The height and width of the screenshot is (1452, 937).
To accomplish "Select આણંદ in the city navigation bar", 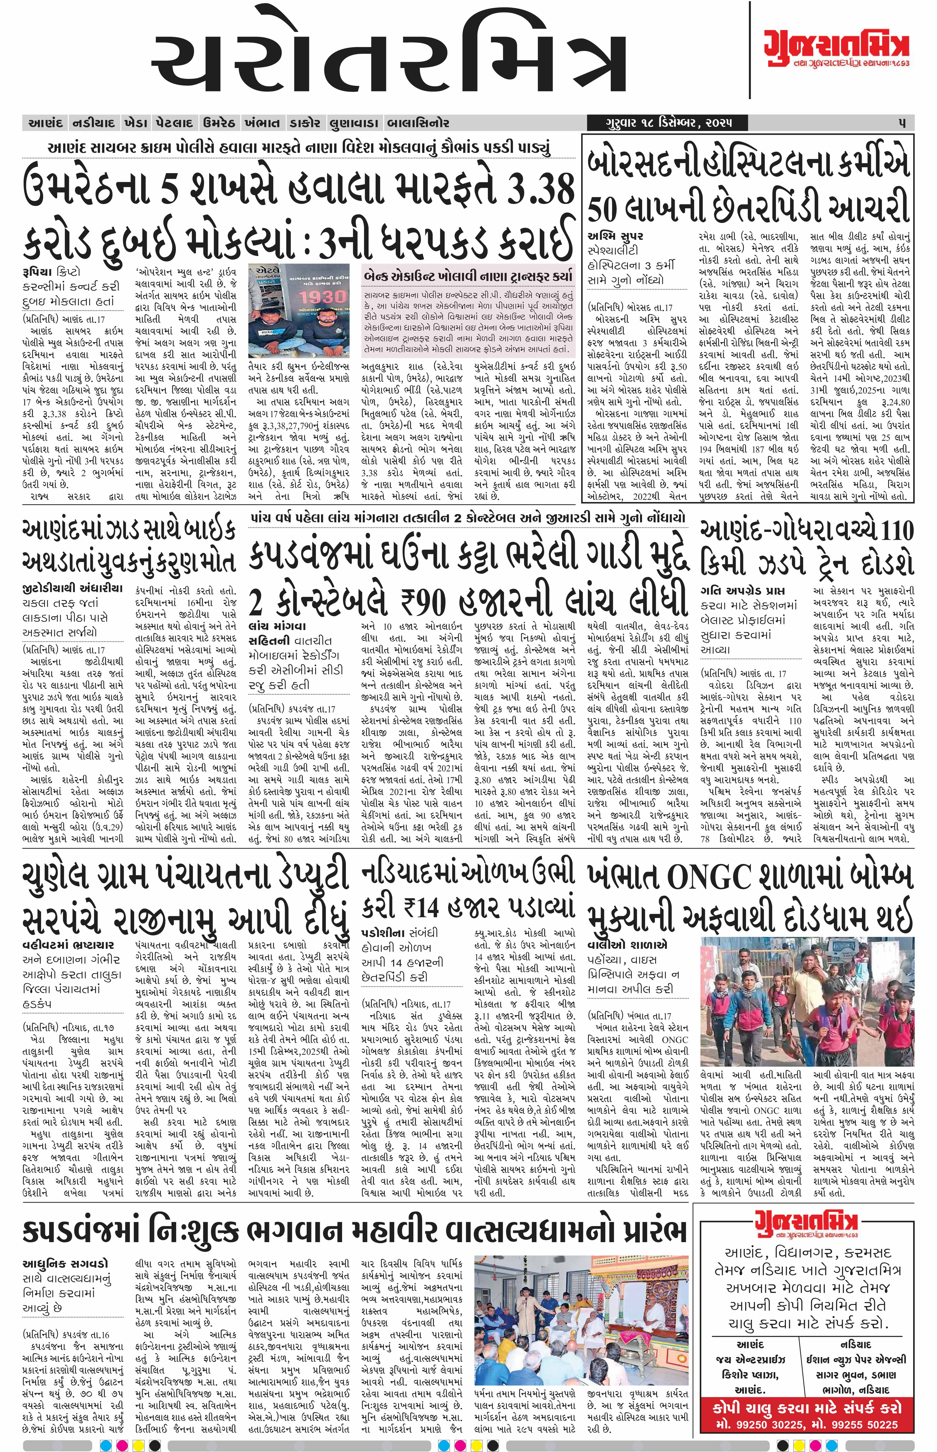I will pos(46,123).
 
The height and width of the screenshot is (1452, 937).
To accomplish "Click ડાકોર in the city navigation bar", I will pos(304,123).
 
